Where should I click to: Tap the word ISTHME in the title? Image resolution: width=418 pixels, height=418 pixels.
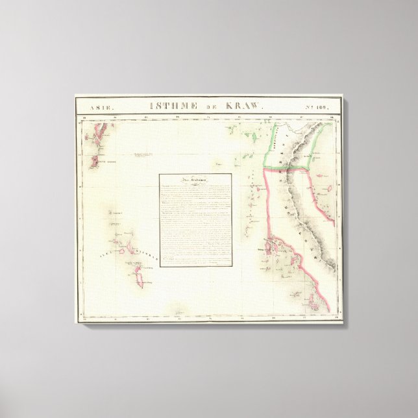tap(171, 106)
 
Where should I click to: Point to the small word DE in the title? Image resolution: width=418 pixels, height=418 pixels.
tap(208, 106)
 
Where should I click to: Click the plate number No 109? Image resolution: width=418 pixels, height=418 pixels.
tap(317, 106)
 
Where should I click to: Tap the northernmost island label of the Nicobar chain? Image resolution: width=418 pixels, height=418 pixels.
tap(116, 213)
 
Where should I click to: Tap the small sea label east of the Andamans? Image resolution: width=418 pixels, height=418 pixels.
tap(139, 154)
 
